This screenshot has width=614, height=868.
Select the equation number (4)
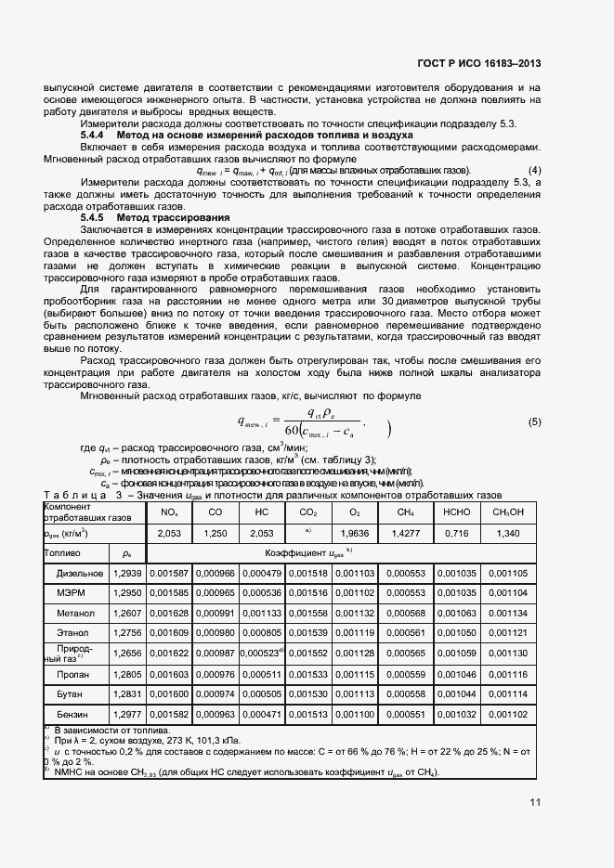(x=534, y=171)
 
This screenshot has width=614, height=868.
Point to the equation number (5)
(x=534, y=422)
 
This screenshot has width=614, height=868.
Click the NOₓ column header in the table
(x=169, y=512)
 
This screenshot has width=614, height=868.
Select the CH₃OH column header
(x=508, y=512)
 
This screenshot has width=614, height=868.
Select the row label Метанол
(x=75, y=614)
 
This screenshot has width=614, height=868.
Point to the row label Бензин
(x=77, y=714)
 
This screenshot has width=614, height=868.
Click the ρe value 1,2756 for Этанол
(x=127, y=633)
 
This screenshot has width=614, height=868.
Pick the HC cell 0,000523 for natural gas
(x=262, y=653)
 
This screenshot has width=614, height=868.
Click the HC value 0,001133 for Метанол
(x=261, y=614)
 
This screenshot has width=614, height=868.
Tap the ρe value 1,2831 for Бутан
(x=127, y=693)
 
